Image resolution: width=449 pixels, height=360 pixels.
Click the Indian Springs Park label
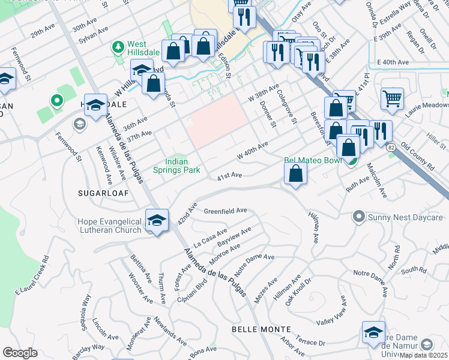pos(183,166)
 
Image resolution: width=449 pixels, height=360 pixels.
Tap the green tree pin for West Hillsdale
pos(118,46)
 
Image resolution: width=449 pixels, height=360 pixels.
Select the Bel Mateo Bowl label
pos(312,160)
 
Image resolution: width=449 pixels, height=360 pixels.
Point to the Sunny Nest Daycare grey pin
pos(359,215)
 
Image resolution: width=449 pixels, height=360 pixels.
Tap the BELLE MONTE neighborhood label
pos(261,329)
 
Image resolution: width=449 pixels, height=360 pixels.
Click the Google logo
pos(20,353)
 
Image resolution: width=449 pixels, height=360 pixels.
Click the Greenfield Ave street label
pos(226,211)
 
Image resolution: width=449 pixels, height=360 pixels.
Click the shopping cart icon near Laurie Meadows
pos(392,98)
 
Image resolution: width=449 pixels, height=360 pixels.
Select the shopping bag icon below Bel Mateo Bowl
pos(296,174)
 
